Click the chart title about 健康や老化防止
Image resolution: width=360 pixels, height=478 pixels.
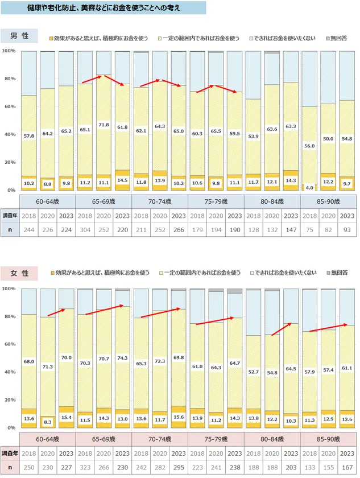104,9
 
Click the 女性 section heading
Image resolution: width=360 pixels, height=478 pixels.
19,274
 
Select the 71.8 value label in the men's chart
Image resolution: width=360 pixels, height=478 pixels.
103,124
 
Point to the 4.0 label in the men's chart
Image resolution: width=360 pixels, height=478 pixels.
309,187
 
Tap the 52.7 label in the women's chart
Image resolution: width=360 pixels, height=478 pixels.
253,372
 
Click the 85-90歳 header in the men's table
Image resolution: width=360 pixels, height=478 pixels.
328,201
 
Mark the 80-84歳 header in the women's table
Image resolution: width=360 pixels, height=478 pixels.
272,439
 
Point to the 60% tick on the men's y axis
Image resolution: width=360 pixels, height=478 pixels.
10,106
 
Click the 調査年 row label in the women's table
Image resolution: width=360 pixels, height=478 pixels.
10,454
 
